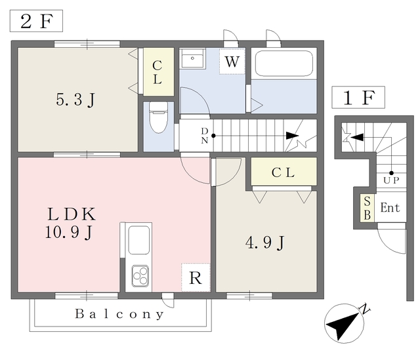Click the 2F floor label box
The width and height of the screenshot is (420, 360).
[x=36, y=21]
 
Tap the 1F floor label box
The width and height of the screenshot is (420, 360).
[x=358, y=98]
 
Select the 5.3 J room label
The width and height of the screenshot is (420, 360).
[x=75, y=100]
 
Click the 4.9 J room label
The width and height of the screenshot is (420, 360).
[x=265, y=243]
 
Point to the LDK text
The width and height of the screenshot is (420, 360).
[x=72, y=214]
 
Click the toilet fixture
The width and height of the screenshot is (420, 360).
[x=158, y=117]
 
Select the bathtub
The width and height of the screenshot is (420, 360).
[x=284, y=64]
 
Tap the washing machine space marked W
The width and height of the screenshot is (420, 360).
[x=232, y=62]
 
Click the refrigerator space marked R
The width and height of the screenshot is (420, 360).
[x=196, y=277]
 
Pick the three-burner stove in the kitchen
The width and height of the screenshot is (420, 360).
[x=140, y=275]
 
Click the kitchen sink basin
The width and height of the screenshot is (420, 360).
[x=138, y=240]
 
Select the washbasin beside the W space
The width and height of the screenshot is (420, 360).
[x=192, y=58]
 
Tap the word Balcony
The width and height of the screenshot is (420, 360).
[x=119, y=314]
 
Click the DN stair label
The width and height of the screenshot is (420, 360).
[x=205, y=136]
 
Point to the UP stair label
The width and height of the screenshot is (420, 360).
[x=391, y=180]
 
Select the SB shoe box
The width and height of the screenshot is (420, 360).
[x=367, y=208]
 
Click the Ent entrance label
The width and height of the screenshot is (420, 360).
[x=390, y=207]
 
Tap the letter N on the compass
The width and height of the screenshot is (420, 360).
[x=366, y=309]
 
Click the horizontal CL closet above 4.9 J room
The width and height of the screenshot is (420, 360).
[x=284, y=172]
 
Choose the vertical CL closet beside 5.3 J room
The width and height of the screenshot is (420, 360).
[x=159, y=71]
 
